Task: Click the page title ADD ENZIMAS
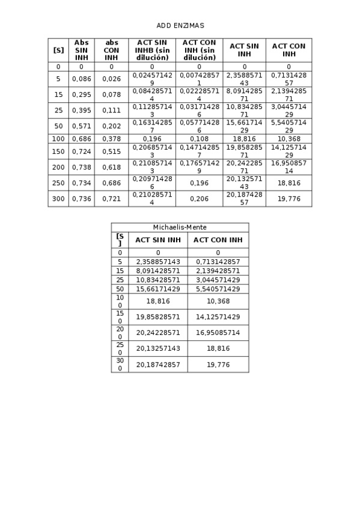tap(180, 26)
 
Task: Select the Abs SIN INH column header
tap(81, 50)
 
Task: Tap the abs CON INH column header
tap(111, 50)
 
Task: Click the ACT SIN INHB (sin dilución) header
tap(152, 50)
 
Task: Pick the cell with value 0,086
tap(81, 79)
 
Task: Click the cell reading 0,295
tap(81, 94)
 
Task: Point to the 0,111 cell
tap(111, 110)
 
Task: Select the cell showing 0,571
tap(81, 126)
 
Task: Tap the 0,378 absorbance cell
tap(111, 139)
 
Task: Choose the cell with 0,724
tap(81, 152)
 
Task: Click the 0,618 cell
tap(111, 167)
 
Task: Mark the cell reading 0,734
tap(81, 183)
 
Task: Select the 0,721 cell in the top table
tap(111, 198)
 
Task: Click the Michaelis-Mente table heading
tap(180, 227)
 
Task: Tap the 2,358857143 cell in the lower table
tap(158, 262)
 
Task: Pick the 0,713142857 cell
tap(218, 262)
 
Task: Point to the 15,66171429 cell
tap(158, 289)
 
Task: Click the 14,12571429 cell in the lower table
tap(218, 317)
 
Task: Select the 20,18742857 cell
tap(158, 364)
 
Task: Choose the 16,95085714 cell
tap(218, 333)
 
